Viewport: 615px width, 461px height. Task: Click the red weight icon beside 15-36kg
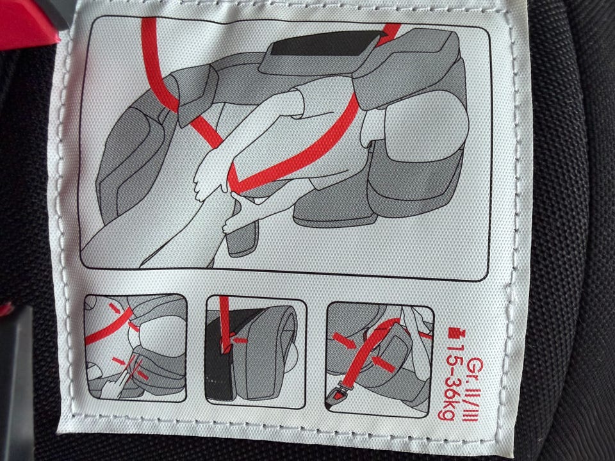455,334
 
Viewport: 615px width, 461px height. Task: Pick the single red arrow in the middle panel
238,340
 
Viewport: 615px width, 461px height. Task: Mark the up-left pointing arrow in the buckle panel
383,364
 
